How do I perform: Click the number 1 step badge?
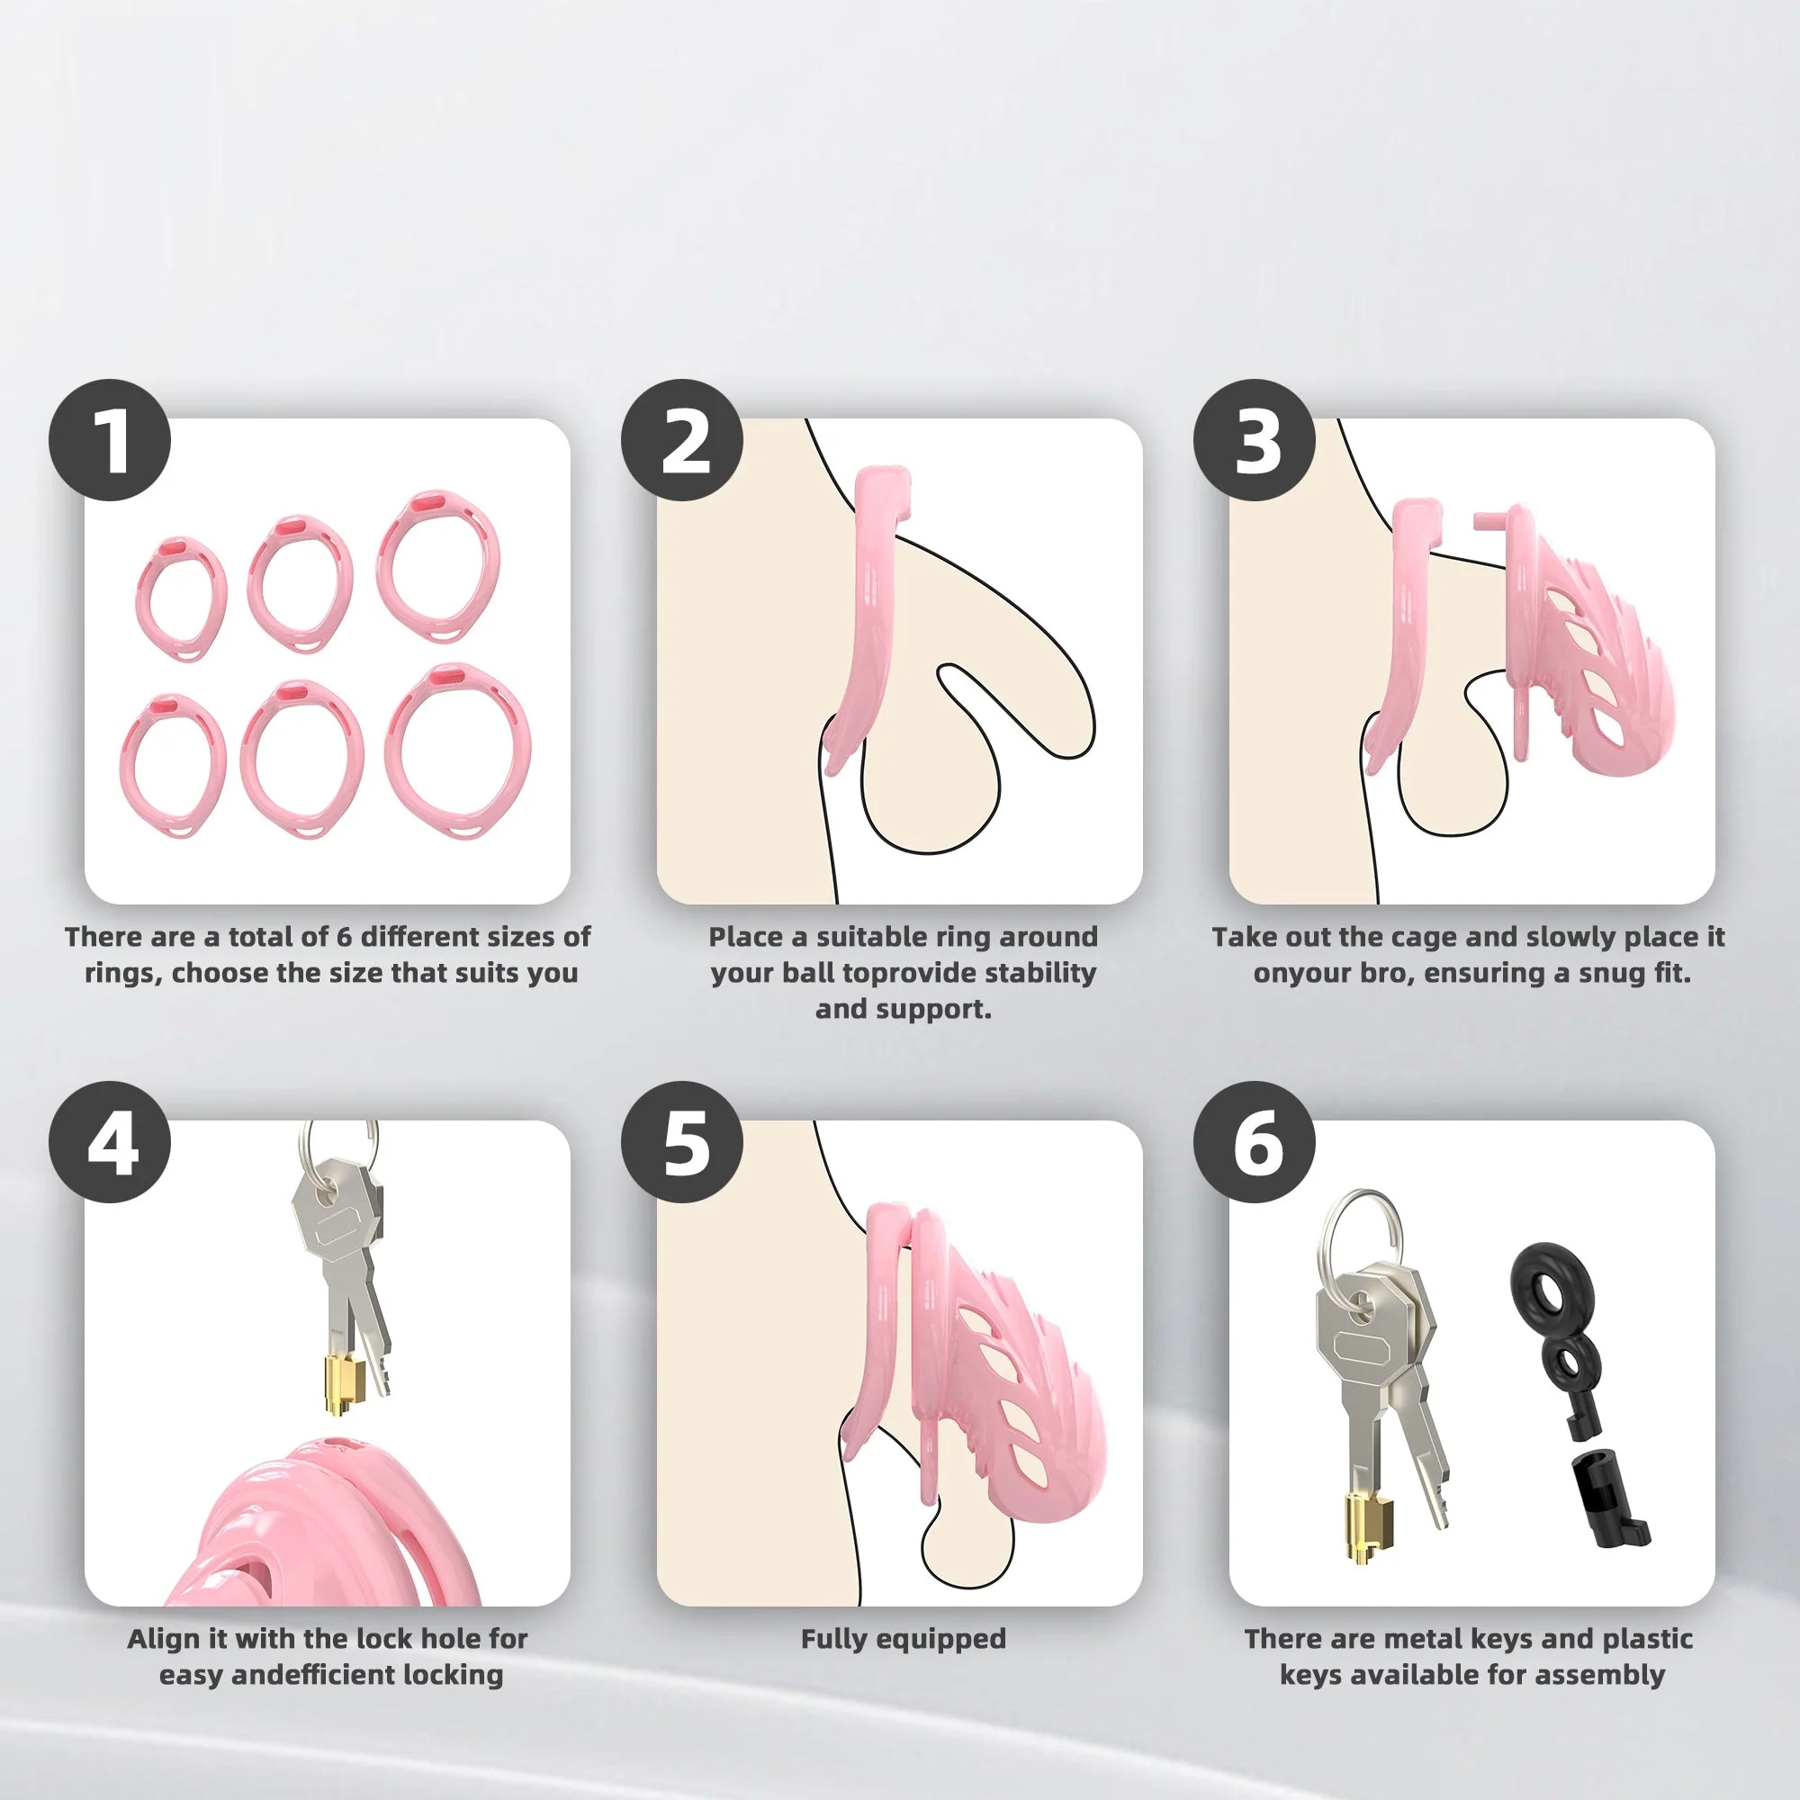(110, 440)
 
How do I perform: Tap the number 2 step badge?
(682, 440)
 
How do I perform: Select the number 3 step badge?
(1254, 440)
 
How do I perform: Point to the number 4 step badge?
(110, 1141)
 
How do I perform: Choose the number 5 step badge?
(682, 1141)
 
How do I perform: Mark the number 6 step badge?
(1254, 1141)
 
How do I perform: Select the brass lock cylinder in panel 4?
(341, 1384)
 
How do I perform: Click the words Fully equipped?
(903, 1639)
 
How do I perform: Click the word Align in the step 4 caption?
(163, 1639)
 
